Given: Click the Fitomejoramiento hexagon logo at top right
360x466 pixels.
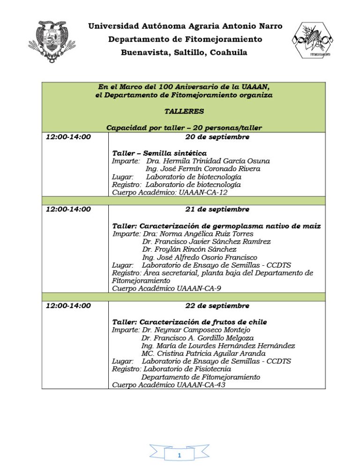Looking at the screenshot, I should (311, 40).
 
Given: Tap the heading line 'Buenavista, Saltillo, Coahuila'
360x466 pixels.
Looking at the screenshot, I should (184, 52).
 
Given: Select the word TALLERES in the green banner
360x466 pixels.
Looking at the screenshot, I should (184, 111).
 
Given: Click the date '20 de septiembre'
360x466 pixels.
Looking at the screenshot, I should (217, 137).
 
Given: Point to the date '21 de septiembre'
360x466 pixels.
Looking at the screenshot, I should (217, 209).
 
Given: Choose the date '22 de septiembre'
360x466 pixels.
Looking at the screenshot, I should (217, 306).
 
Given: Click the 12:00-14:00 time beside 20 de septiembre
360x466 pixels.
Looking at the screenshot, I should (68, 137).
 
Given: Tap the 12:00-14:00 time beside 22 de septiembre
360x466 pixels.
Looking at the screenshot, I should (68, 306).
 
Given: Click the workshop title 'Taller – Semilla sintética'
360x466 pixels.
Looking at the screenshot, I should (159, 153).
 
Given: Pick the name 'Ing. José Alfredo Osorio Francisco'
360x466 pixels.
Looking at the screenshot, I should (200, 257).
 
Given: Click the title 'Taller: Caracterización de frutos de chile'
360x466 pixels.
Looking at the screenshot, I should (189, 322).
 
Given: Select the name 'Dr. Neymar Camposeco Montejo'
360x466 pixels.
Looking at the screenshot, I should (195, 330).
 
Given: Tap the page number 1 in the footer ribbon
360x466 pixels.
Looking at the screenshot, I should (180, 456).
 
